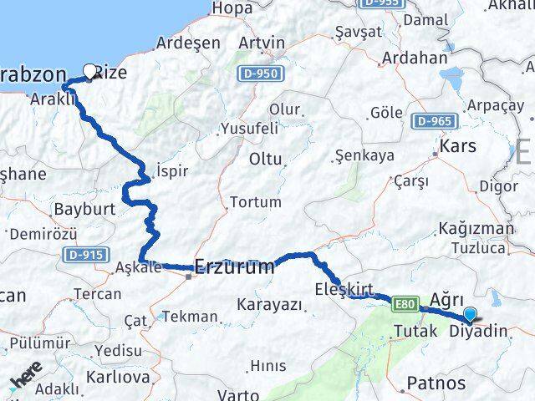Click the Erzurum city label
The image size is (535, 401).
coord(234,267)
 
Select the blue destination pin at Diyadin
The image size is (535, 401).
coord(471,314)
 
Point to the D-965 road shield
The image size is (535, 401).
coord(433,121)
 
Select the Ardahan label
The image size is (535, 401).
coord(413,58)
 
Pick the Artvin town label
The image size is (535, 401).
coord(262,43)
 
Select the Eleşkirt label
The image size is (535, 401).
coord(344,289)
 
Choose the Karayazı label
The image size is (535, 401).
coord(269,305)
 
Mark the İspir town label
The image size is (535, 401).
coord(171,171)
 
